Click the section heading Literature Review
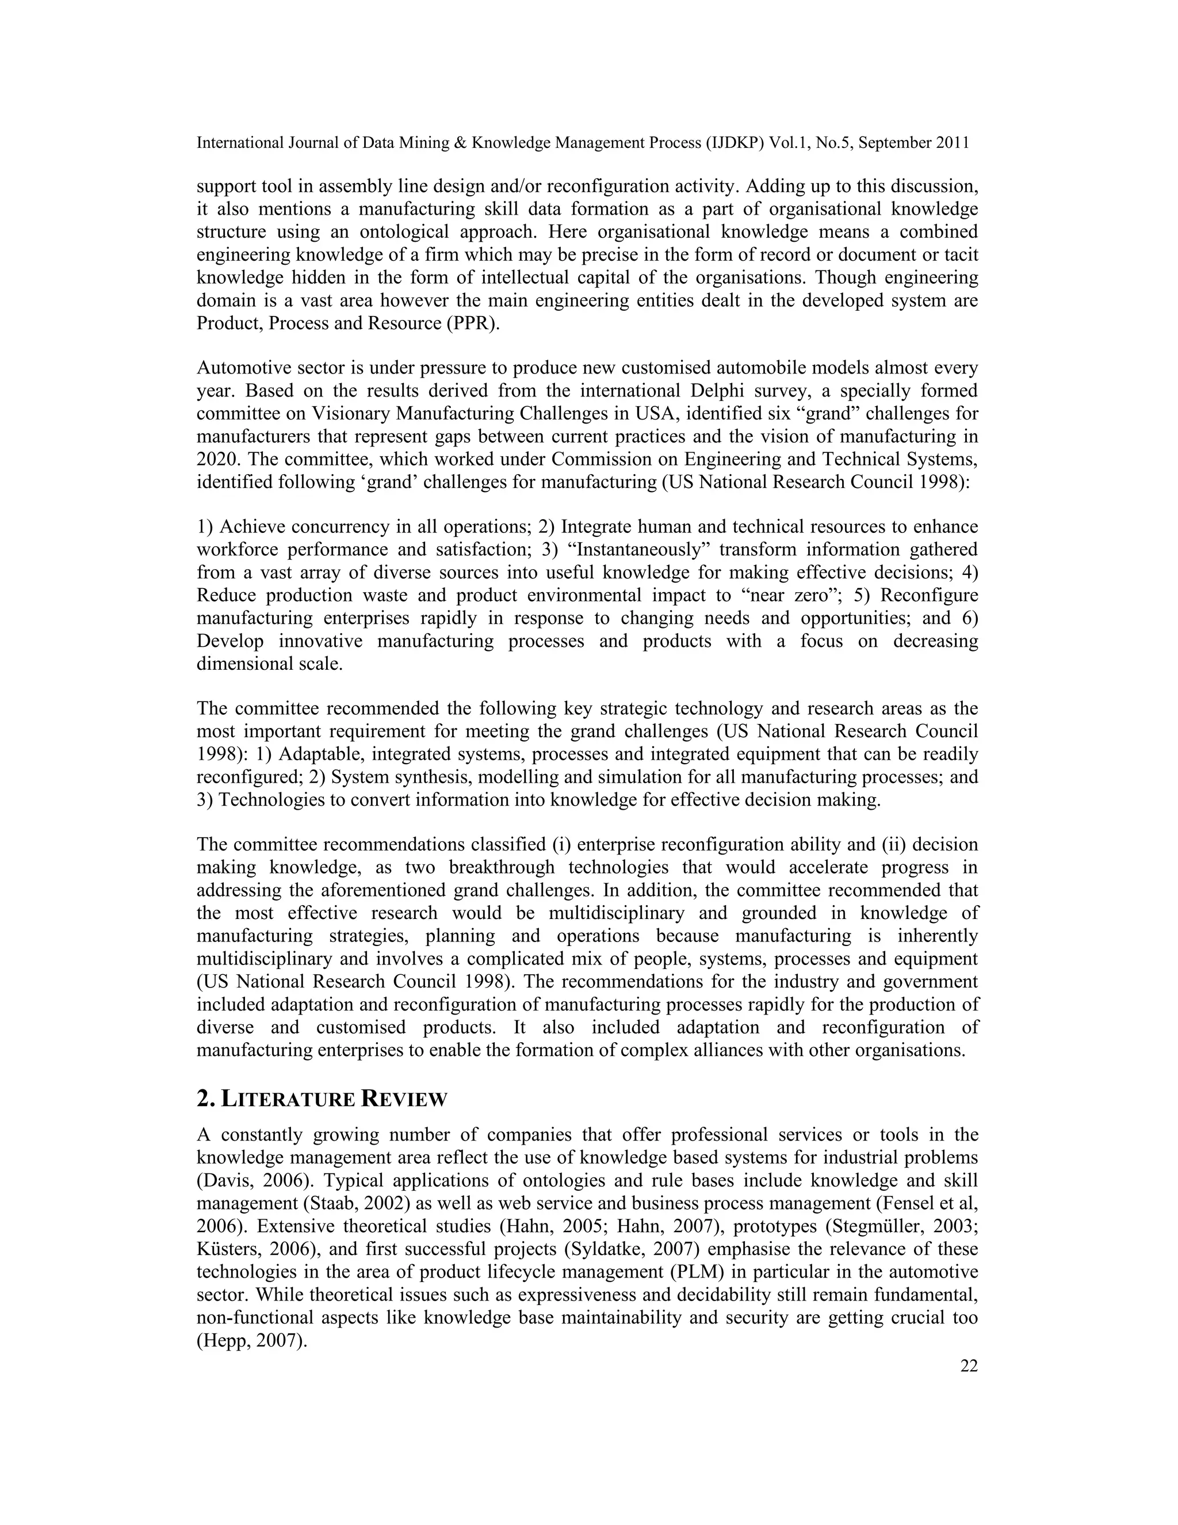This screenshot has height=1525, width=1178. pyautogui.click(x=322, y=1099)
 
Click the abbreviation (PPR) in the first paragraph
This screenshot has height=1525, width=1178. pyautogui.click(x=472, y=324)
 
